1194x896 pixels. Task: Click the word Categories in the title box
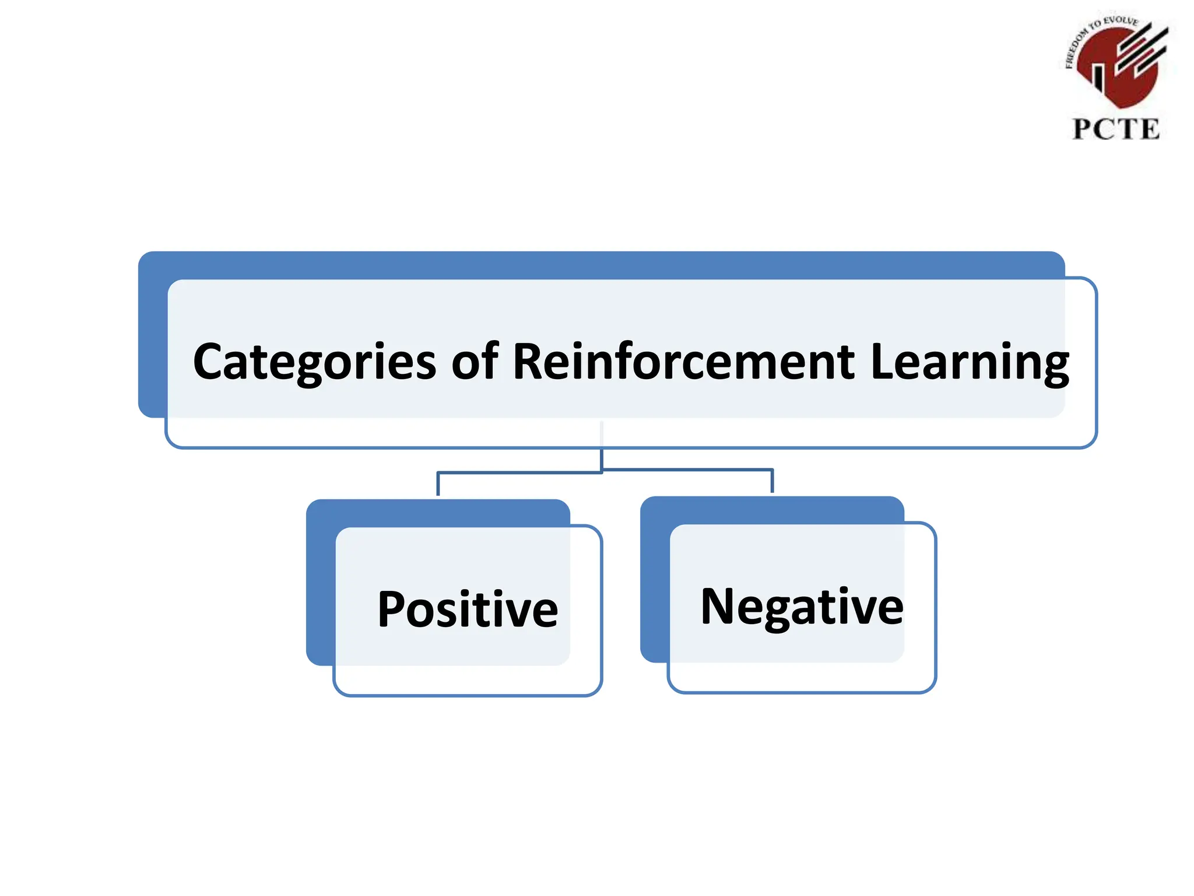[x=314, y=362]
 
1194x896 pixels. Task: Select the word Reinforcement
[x=683, y=362]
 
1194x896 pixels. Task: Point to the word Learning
[x=970, y=362]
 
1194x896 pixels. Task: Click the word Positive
[x=468, y=610]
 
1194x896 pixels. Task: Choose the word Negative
[x=802, y=607]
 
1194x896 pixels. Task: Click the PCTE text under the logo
[x=1116, y=129]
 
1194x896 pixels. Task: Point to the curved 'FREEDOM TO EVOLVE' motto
[x=1096, y=32]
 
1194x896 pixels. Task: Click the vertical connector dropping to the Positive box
[x=438, y=484]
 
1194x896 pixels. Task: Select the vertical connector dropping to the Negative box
[x=772, y=481]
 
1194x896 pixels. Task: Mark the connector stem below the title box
[x=602, y=458]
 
